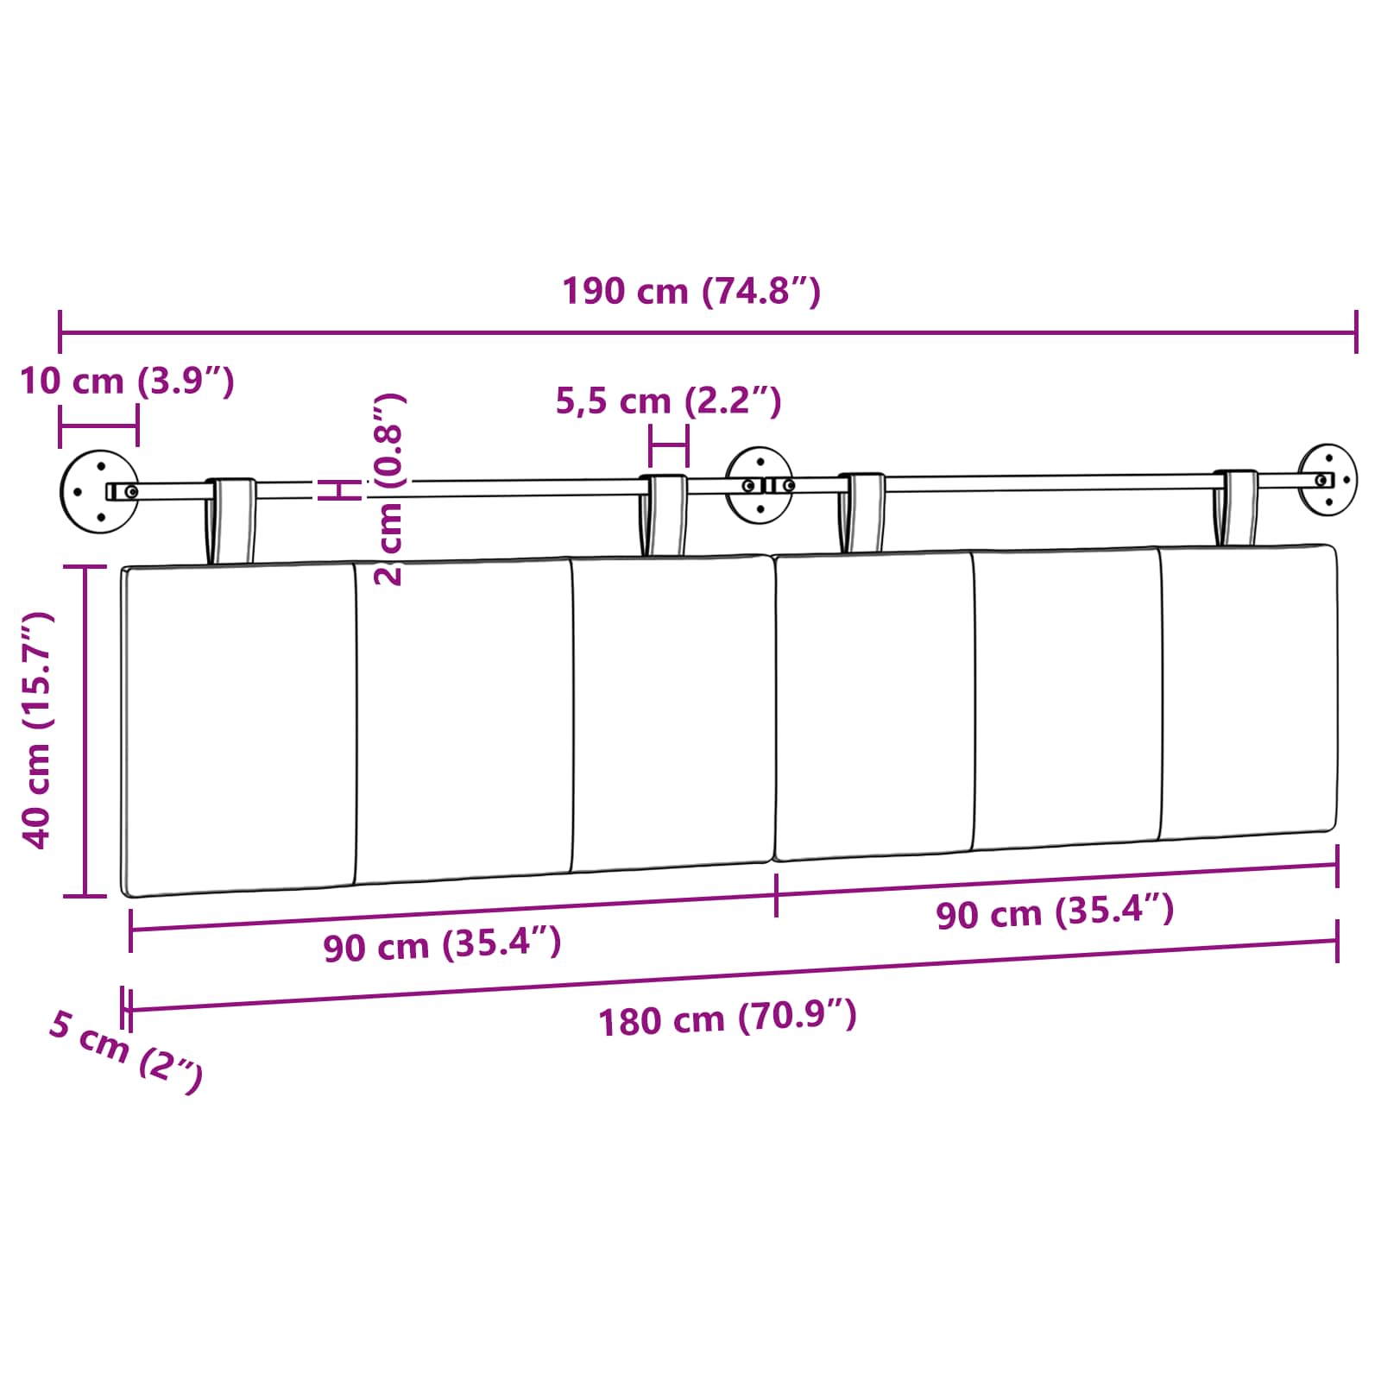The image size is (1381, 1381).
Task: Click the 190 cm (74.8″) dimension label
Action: pos(691,291)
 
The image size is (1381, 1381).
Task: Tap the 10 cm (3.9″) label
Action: pos(127,381)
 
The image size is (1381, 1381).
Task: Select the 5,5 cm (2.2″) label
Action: pos(668,401)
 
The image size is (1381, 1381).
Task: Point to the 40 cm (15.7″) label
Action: pos(38,730)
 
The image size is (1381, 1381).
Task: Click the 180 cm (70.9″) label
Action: pos(728,1018)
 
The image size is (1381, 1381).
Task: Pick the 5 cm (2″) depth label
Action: pos(126,1050)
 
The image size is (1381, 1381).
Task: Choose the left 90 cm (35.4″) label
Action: pos(442,944)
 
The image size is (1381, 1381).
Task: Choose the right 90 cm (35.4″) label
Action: pos(1055,912)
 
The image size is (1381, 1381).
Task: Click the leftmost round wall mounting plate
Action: pos(99,491)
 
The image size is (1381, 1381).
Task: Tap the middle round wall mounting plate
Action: pos(760,485)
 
